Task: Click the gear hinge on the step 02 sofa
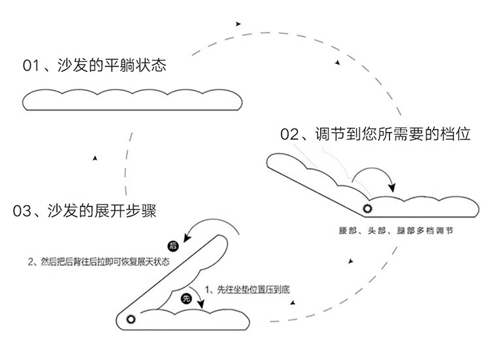pos(367,208)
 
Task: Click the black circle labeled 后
pos(173,246)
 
